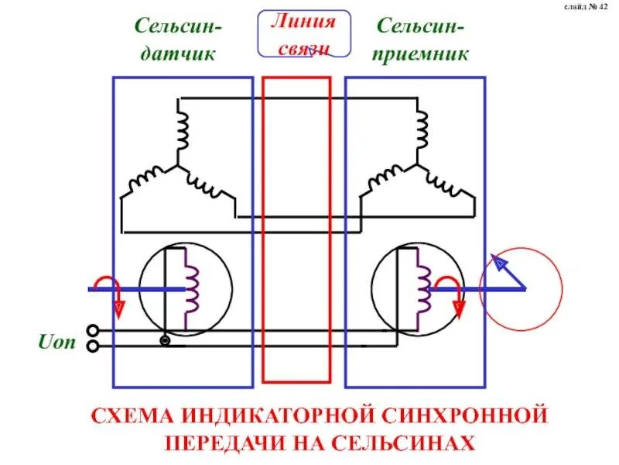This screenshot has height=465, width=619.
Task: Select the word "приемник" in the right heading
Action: pos(421,53)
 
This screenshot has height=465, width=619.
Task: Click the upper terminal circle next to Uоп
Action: pos(93,330)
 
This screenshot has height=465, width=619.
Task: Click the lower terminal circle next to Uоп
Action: pos(93,346)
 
